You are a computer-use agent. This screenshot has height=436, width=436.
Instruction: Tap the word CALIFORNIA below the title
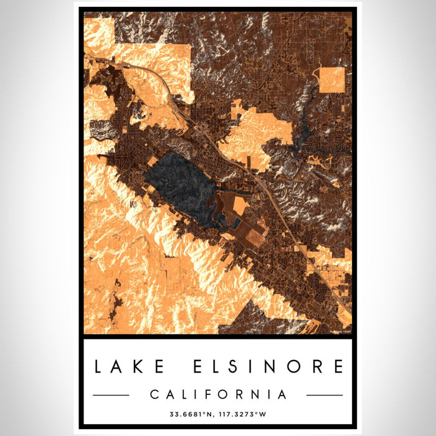coord(218,394)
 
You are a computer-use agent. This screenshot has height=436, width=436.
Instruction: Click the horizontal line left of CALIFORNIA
coord(111,395)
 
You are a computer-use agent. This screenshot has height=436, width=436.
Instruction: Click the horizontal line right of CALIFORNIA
coord(325,395)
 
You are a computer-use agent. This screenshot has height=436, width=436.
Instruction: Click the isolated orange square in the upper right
coord(332,80)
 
